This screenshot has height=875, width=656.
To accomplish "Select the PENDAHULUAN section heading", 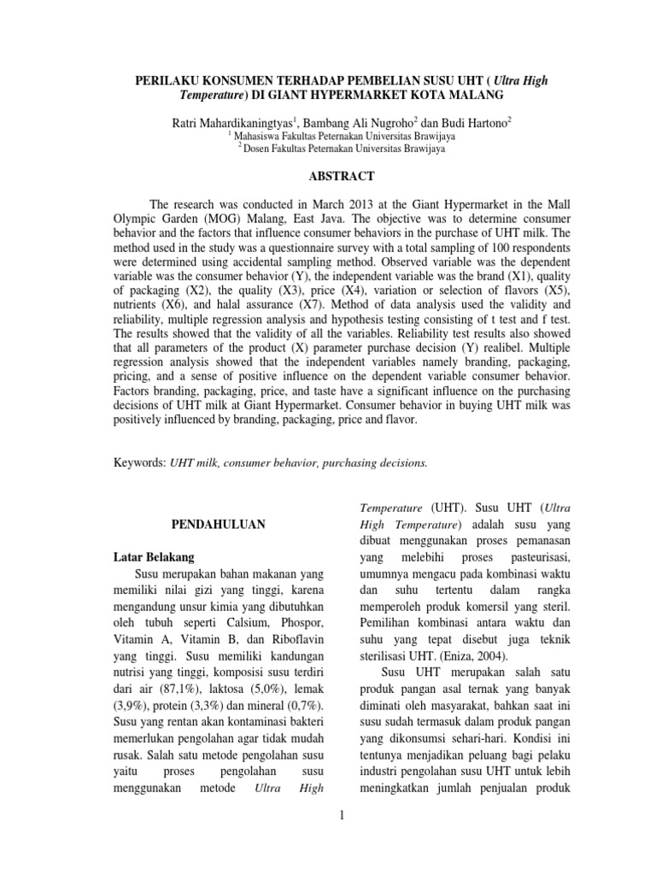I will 198,523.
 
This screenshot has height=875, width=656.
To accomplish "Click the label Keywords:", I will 140,462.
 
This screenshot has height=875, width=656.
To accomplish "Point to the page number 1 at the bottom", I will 341,818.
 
